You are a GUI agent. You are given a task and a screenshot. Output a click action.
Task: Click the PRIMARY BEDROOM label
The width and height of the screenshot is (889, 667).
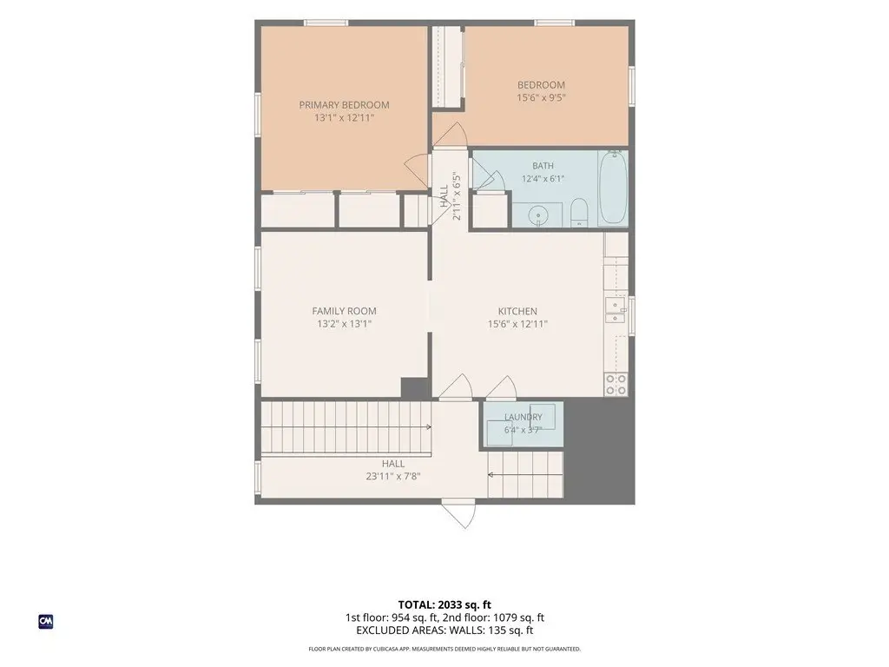click(344, 105)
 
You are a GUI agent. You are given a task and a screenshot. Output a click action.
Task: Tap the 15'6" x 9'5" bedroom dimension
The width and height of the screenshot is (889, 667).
click(541, 97)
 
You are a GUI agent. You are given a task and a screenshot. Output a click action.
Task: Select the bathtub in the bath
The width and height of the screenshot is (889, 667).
click(613, 188)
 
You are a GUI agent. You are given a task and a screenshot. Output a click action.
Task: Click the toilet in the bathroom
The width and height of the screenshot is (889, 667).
click(579, 212)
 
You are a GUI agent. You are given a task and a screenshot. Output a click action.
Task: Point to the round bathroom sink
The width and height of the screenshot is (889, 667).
click(537, 216)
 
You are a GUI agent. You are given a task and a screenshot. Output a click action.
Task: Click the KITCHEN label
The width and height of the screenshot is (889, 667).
click(517, 312)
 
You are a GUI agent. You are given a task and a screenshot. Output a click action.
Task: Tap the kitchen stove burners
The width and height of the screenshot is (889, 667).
click(616, 385)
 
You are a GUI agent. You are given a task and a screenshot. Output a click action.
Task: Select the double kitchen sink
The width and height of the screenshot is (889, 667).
click(616, 311)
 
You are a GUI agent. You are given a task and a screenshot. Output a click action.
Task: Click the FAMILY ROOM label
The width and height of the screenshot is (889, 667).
click(344, 311)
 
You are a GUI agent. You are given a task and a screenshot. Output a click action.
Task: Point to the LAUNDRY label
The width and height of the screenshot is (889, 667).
click(524, 417)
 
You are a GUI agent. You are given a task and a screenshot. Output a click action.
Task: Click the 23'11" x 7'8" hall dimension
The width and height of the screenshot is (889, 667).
click(393, 477)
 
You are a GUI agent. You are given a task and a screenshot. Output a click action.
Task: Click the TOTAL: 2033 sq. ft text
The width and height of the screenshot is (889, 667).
click(444, 604)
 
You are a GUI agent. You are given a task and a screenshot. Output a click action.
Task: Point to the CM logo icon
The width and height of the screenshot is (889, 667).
click(46, 622)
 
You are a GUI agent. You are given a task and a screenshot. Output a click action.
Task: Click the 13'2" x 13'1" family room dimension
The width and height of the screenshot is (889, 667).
click(344, 324)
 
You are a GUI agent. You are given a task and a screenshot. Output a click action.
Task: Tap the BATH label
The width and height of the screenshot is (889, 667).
click(543, 166)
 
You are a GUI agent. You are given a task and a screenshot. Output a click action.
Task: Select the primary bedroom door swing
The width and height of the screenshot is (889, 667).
click(416, 171)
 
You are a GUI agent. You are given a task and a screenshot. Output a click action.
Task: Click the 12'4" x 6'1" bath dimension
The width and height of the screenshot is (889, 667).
click(543, 179)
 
